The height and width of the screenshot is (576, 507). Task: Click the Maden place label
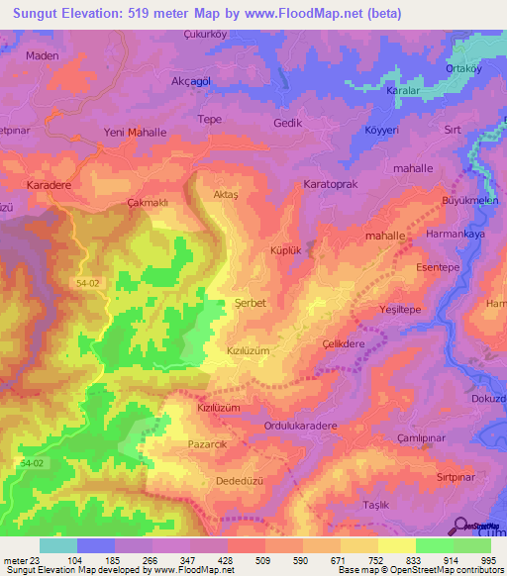(45, 55)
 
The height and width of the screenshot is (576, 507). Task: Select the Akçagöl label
(193, 81)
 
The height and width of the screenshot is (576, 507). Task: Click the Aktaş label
(227, 195)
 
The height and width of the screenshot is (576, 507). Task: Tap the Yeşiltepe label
(402, 310)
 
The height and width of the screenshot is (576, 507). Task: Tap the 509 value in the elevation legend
(262, 558)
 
